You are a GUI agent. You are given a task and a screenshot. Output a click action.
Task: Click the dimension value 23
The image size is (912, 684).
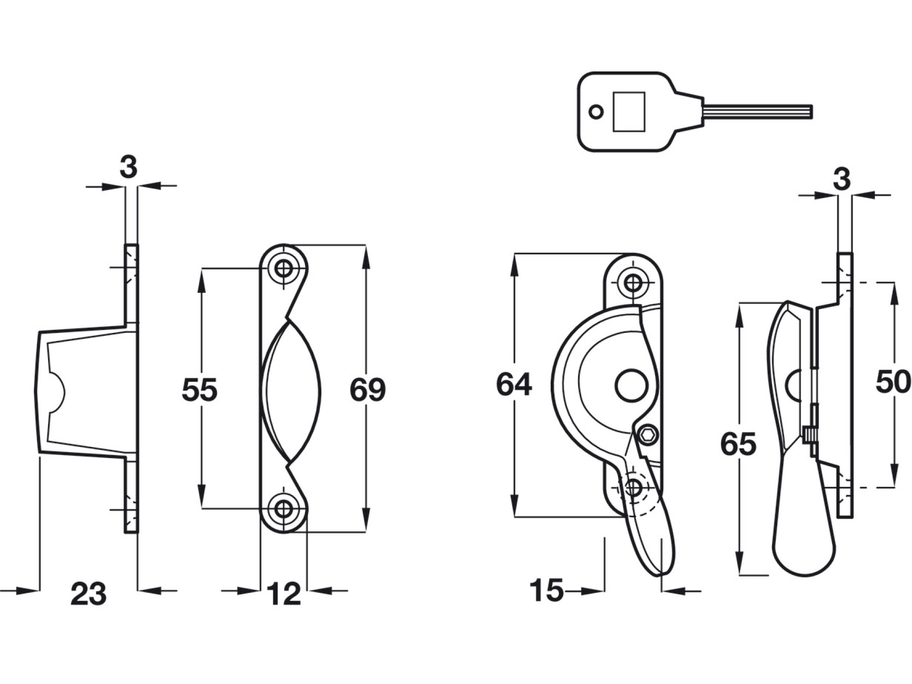[x=89, y=594]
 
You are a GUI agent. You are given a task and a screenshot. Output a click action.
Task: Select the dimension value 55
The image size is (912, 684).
[x=200, y=390]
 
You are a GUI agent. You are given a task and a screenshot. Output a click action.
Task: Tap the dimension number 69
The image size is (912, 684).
[x=368, y=390]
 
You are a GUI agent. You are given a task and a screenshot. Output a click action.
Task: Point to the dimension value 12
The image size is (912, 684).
[x=284, y=594]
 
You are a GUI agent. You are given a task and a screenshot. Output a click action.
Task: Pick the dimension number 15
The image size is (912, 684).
[x=546, y=591]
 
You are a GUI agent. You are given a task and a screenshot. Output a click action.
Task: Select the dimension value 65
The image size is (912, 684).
[x=738, y=444]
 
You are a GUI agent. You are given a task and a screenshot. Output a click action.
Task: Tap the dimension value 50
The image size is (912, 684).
[x=893, y=382]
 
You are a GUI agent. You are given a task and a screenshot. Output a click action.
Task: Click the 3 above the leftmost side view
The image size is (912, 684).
[x=129, y=167]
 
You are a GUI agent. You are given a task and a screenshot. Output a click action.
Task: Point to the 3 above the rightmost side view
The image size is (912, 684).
[x=842, y=179]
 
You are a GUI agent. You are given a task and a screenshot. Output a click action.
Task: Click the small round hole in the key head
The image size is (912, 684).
[x=597, y=112]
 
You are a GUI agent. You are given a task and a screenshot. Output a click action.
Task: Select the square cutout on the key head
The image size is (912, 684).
[x=629, y=111]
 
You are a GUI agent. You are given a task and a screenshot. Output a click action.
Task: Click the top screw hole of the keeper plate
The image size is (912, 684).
[x=284, y=268]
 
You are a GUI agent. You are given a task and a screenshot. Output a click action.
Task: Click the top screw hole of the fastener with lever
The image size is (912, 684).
[x=633, y=282]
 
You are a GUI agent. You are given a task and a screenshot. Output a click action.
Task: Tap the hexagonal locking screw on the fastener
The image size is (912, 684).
[x=648, y=435]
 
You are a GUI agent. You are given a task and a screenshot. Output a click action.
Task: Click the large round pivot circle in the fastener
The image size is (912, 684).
[x=631, y=386]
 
